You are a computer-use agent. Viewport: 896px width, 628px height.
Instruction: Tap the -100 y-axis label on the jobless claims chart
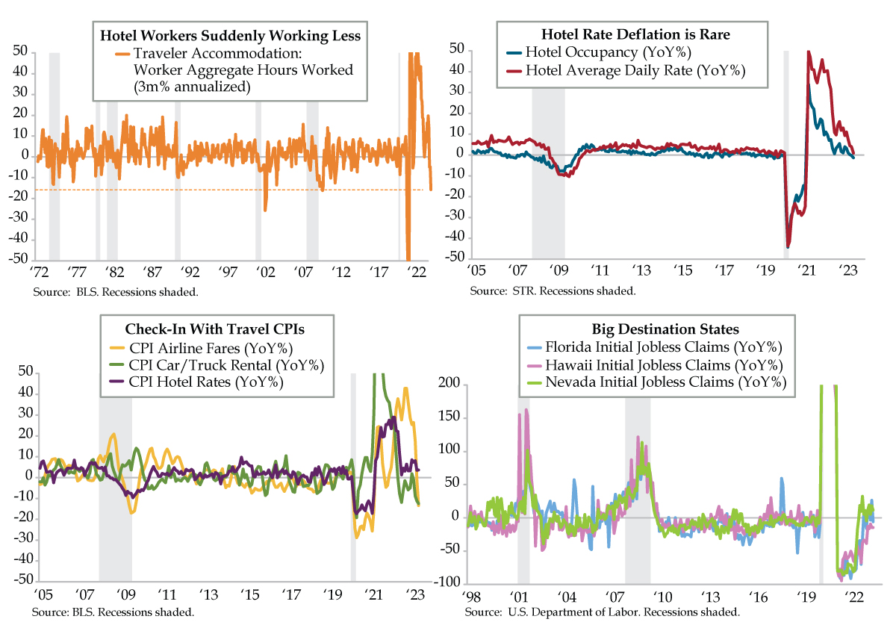coord(446,583)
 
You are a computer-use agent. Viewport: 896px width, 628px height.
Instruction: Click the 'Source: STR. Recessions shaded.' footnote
coord(553,290)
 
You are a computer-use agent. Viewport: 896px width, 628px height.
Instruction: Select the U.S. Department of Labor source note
coord(602,612)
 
